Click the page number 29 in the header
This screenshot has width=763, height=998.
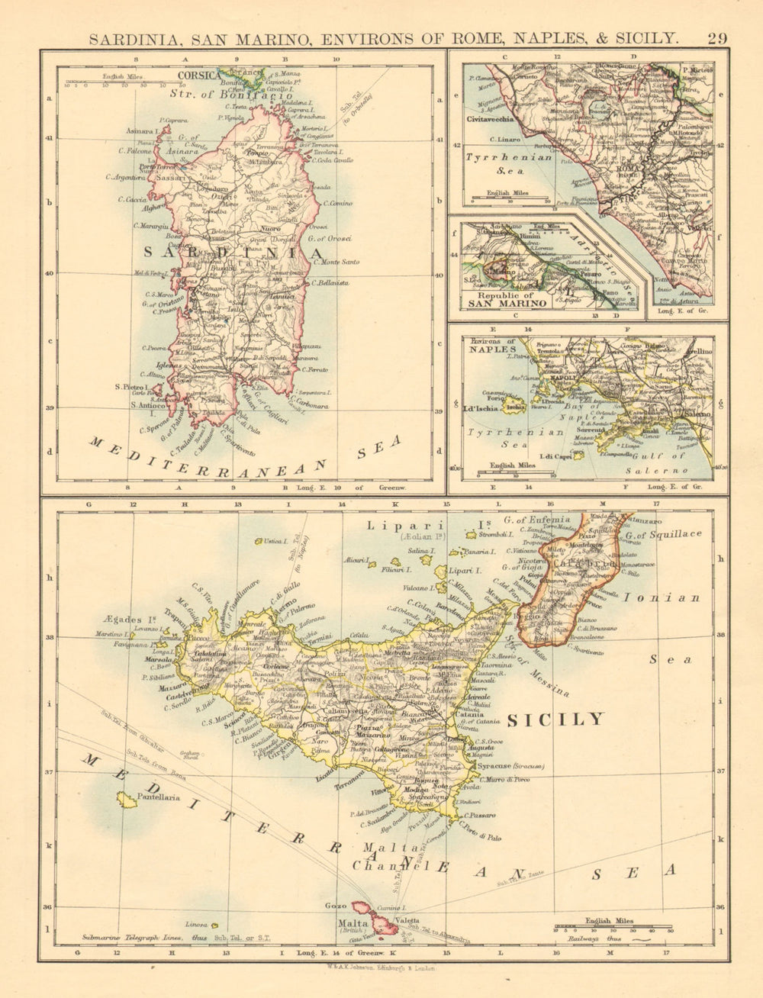717,38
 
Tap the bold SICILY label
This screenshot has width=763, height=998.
555,720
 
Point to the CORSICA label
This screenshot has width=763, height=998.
198,76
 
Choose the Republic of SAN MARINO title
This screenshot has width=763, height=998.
507,299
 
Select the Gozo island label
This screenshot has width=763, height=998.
336,906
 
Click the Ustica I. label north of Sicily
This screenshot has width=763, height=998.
275,541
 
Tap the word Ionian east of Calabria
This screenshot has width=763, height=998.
662,598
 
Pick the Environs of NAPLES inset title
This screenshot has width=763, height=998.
494,345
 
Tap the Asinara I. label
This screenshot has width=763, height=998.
141,130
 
